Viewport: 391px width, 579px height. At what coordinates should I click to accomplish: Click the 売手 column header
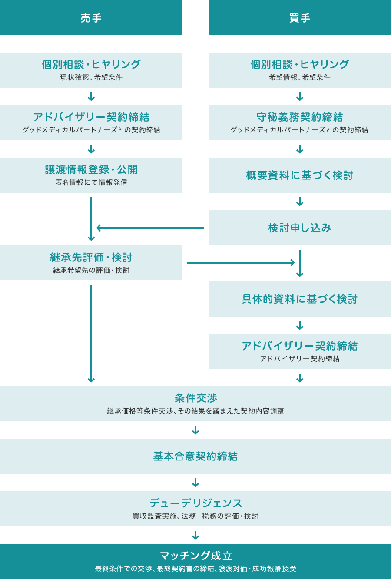tap(91, 18)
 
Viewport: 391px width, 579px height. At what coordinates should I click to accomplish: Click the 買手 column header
tap(300, 18)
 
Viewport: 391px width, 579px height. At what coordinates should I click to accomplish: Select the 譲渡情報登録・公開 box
tap(91, 175)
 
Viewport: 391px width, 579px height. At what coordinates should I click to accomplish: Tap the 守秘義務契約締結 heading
tap(300, 117)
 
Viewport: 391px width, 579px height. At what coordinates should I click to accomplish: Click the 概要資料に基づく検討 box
tap(300, 175)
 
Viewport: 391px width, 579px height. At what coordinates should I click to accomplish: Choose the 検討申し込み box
tap(300, 228)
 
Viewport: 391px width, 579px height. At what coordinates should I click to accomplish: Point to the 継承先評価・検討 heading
tap(91, 258)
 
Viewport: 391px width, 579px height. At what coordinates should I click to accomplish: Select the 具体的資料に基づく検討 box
tap(300, 299)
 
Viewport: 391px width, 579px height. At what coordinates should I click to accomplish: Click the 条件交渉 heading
tap(195, 398)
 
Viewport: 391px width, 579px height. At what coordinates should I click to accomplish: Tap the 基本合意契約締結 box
tap(195, 456)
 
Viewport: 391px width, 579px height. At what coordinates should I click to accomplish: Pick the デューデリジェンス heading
tap(195, 503)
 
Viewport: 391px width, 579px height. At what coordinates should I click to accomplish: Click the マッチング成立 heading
tap(195, 556)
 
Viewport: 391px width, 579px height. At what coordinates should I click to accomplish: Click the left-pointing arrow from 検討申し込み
tap(150, 228)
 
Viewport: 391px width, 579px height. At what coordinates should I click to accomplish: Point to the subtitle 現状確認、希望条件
tap(91, 77)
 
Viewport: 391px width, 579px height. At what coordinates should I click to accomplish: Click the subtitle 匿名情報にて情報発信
tap(91, 182)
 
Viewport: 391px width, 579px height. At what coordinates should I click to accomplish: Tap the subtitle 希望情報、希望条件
tap(300, 77)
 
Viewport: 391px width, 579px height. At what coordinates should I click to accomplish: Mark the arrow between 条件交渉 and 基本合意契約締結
tap(195, 430)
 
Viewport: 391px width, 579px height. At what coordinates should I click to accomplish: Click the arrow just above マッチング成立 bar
tap(195, 535)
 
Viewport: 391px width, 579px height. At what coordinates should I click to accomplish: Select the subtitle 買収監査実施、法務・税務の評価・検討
tap(195, 516)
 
